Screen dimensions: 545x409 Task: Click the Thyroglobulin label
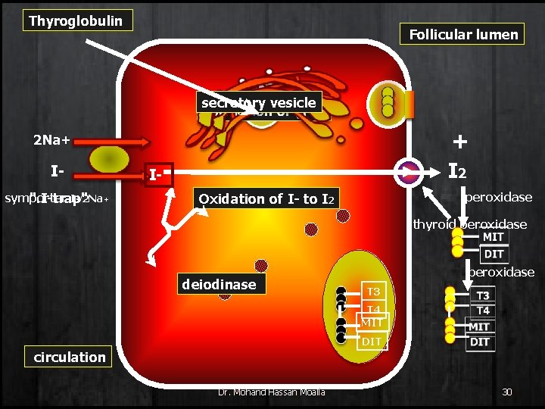[x=76, y=20]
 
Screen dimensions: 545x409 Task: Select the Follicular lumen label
[x=463, y=34]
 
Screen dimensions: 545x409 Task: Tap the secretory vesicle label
[x=258, y=102]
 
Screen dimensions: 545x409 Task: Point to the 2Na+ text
[x=51, y=140]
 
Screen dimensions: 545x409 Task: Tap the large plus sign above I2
[x=459, y=142]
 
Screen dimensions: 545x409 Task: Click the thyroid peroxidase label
[x=469, y=224]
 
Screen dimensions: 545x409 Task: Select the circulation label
[x=70, y=357]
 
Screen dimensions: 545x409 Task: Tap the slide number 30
[x=506, y=392]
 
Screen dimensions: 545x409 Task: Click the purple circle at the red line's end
[x=410, y=172]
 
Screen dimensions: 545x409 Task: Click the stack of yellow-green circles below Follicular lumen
[x=388, y=101]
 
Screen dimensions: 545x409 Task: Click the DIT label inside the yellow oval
[x=371, y=342]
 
